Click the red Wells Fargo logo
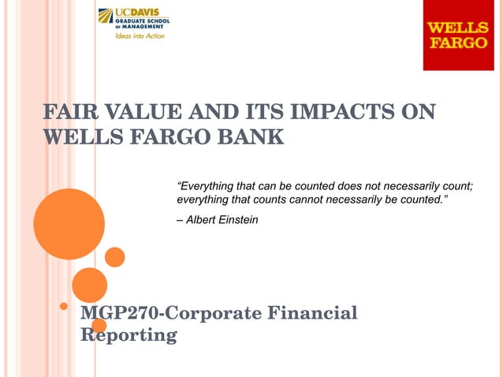pyautogui.click(x=457, y=35)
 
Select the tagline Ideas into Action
pyautogui.click(x=140, y=36)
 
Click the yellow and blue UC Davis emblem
pyautogui.click(x=105, y=16)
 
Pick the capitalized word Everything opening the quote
pyautogui.click(x=207, y=186)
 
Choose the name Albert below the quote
pyautogui.click(x=202, y=220)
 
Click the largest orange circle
pyautogui.click(x=69, y=224)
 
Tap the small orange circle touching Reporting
pyautogui.click(x=99, y=325)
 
